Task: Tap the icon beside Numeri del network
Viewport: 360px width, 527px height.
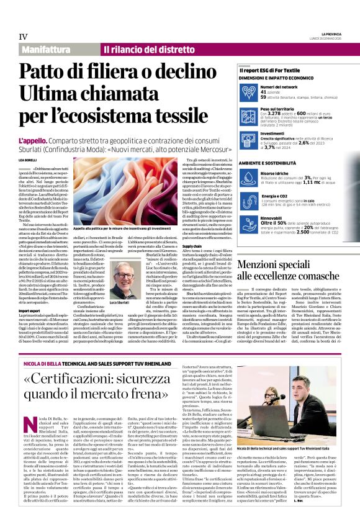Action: click(250, 92)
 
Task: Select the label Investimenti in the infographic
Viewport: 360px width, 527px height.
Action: click(273, 133)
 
